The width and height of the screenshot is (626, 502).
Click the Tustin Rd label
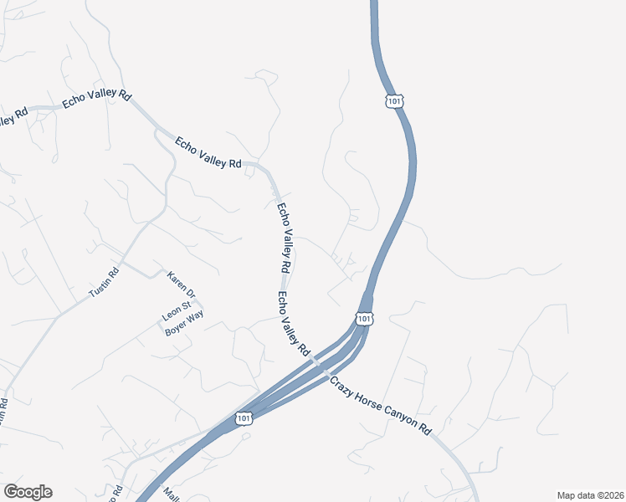coord(105,286)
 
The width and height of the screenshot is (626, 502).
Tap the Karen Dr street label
coord(181,284)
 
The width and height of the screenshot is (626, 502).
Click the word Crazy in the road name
coord(345,385)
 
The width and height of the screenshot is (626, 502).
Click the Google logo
coord(28,492)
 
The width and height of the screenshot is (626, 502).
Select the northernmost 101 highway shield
coord(395,100)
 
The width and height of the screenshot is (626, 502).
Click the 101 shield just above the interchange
coord(364,319)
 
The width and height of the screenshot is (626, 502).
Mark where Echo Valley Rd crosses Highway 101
coord(316,364)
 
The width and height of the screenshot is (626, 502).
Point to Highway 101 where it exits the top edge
coord(373,3)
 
